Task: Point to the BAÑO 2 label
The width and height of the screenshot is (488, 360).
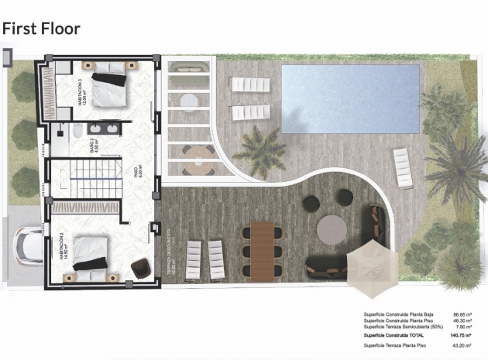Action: click(93, 145)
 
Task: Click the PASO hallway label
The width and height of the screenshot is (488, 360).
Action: click(136, 171)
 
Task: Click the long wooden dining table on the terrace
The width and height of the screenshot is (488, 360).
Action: click(263, 250)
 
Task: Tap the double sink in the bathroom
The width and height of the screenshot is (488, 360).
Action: click(104, 129)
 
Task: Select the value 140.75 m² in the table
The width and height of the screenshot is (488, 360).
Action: click(461, 335)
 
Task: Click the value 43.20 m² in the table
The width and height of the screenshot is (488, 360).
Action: click(462, 346)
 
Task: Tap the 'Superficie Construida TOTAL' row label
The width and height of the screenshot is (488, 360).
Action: click(393, 335)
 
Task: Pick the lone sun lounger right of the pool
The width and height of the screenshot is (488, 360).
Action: click(402, 168)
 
